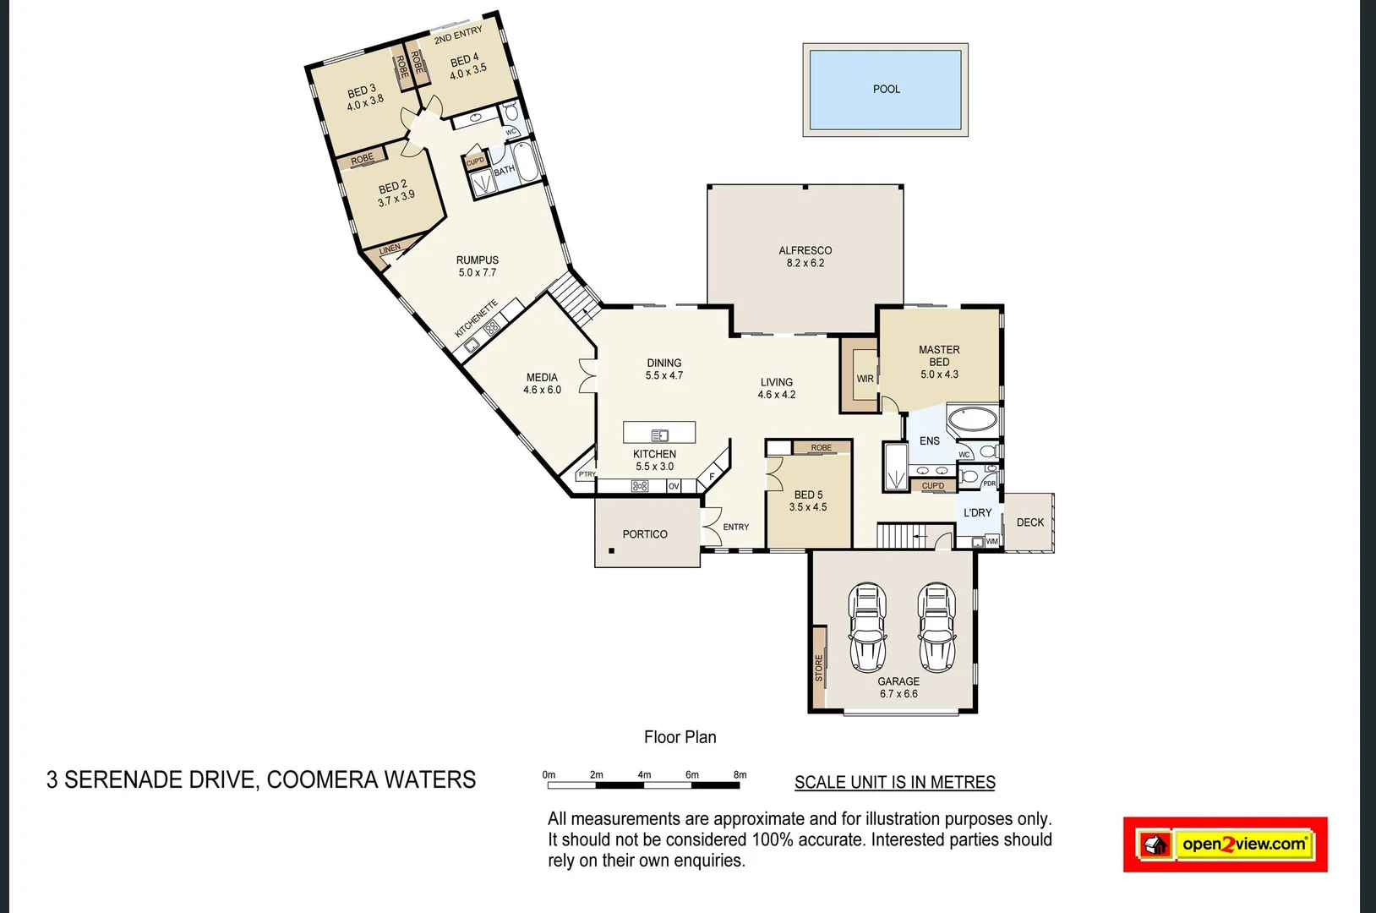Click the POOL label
click(x=886, y=89)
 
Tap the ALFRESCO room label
click(x=805, y=250)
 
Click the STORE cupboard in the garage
click(x=818, y=667)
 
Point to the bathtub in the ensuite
click(x=972, y=419)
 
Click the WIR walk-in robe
click(x=864, y=378)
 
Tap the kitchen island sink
click(x=660, y=435)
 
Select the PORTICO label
click(x=645, y=534)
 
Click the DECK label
click(x=1029, y=522)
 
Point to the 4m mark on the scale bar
click(x=644, y=774)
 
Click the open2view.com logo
click(x=1225, y=844)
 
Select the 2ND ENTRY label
click(x=458, y=35)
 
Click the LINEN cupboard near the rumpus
click(x=390, y=249)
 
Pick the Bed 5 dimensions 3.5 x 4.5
click(x=807, y=507)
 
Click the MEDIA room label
click(x=542, y=378)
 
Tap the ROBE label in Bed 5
click(x=821, y=447)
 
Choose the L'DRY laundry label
click(x=977, y=513)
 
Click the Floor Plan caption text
click(x=680, y=737)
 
